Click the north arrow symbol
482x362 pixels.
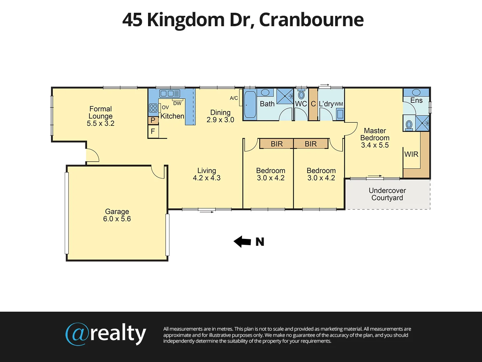point(242,242)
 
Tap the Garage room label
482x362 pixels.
point(117,211)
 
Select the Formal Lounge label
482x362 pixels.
point(101,112)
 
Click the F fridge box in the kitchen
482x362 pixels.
point(153,132)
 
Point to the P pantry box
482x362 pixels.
point(153,120)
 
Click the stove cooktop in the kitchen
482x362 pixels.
point(153,108)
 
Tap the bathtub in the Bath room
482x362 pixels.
point(250,103)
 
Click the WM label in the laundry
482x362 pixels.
point(339,104)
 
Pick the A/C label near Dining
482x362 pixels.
point(234,98)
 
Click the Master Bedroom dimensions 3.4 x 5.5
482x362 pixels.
point(375,145)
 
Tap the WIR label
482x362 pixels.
point(411,154)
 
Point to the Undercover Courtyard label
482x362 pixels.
point(387,194)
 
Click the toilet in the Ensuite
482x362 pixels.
point(409,125)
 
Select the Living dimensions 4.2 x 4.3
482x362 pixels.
point(207,178)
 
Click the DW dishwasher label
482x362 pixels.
point(177,103)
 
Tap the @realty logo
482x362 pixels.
point(106,334)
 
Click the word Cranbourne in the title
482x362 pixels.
point(311,20)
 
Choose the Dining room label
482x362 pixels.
point(220,112)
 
